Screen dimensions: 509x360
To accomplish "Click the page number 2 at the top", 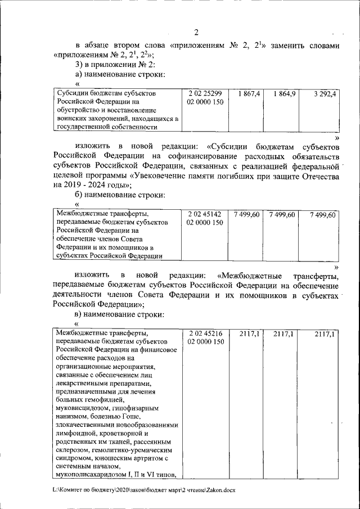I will [195, 31].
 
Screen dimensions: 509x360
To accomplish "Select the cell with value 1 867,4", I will [249, 94].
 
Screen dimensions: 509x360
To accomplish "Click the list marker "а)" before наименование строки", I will [80, 74].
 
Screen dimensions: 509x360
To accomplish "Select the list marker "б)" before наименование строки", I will [80, 195].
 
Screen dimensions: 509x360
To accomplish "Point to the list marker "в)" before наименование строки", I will [80, 314].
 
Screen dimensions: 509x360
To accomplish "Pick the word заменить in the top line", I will [287, 45].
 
